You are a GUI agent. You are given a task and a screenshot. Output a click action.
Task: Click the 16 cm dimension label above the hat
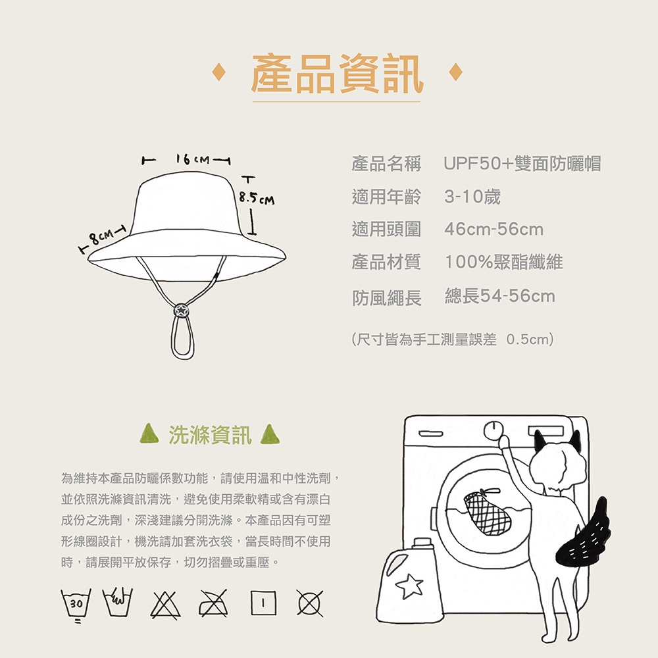pyautogui.click(x=193, y=159)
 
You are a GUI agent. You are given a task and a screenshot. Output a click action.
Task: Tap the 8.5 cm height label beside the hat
pyautogui.click(x=257, y=197)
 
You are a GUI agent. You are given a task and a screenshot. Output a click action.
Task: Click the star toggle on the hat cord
pyautogui.click(x=182, y=311)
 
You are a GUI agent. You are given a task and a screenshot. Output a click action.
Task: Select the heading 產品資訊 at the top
pyautogui.click(x=337, y=74)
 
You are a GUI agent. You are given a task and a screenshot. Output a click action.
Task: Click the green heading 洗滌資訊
pyautogui.click(x=210, y=435)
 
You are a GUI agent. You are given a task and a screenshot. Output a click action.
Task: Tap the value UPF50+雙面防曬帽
pyautogui.click(x=522, y=163)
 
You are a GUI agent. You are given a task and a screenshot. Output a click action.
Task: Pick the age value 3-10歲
pyautogui.click(x=472, y=196)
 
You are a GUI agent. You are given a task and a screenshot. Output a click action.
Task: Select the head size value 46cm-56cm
pyautogui.click(x=494, y=229)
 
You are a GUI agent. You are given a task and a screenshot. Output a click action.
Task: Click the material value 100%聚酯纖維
pyautogui.click(x=503, y=262)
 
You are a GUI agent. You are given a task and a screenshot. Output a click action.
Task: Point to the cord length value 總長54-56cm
pyautogui.click(x=500, y=296)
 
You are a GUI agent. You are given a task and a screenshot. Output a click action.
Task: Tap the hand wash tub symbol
pyautogui.click(x=118, y=602)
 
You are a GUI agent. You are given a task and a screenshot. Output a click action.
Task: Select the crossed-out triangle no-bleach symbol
pyautogui.click(x=166, y=604)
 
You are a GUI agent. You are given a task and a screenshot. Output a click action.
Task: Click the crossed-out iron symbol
pyautogui.click(x=214, y=603)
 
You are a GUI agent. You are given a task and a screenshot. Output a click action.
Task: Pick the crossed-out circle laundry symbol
pyautogui.click(x=310, y=603)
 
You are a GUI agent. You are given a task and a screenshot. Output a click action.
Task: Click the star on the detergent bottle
pyautogui.click(x=409, y=586)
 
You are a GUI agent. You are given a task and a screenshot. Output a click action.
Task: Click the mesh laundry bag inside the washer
pyautogui.click(x=487, y=512)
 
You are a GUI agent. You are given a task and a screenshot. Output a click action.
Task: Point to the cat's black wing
pyautogui.click(x=584, y=532)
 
